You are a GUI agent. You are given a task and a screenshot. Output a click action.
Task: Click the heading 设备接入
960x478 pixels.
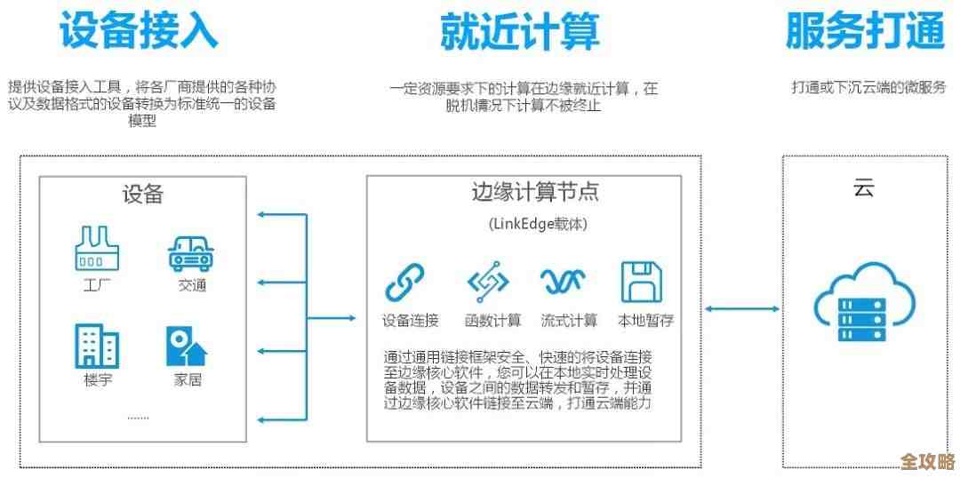(138, 31)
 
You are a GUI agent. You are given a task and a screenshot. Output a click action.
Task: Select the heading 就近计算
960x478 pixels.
(520, 31)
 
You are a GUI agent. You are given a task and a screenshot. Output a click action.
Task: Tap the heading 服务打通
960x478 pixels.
(864, 31)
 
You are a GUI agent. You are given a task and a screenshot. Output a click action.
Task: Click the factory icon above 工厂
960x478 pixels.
(97, 250)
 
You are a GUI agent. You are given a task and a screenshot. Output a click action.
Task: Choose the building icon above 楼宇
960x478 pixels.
(97, 346)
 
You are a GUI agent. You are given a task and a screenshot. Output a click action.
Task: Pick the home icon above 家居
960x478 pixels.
(187, 347)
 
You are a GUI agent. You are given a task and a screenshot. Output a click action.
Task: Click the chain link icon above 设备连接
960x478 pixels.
(405, 283)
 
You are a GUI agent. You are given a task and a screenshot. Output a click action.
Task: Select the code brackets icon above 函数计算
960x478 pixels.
(488, 283)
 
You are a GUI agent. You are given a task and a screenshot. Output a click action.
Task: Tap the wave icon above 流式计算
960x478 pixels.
(564, 283)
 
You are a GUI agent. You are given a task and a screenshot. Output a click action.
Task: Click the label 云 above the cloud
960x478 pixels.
(863, 188)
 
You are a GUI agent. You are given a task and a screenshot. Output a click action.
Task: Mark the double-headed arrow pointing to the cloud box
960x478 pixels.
(742, 309)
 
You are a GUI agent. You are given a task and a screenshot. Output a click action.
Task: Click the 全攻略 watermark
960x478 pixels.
(927, 462)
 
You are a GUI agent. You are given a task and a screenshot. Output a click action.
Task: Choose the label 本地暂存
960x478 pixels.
(646, 321)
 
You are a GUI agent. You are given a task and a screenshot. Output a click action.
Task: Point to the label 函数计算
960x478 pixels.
(493, 321)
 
